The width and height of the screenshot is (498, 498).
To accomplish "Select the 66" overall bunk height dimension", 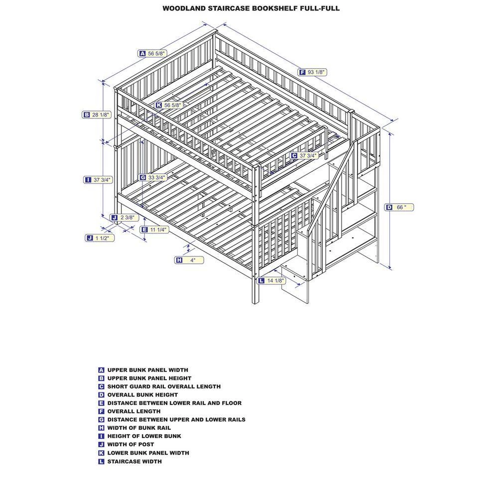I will (x=401, y=207).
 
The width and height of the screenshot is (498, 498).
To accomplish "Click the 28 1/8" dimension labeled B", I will (x=100, y=115).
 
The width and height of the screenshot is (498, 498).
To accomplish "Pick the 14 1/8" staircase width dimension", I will (x=275, y=281).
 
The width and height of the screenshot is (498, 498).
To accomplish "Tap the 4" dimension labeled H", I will (x=192, y=260).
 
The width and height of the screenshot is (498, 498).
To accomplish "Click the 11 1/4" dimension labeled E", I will (x=158, y=230).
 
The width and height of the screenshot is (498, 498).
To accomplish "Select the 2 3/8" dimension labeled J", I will (x=128, y=218).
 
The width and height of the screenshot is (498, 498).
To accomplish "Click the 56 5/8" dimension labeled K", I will (x=172, y=105).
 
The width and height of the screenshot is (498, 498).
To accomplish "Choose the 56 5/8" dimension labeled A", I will (x=156, y=53).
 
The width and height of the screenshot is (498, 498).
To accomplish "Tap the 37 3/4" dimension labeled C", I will (x=308, y=156).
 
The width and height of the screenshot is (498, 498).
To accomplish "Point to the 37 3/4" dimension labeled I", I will (x=102, y=180).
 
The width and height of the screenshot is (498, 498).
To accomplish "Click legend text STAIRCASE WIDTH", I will (x=134, y=461).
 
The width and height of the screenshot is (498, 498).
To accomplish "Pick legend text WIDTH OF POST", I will (x=130, y=444).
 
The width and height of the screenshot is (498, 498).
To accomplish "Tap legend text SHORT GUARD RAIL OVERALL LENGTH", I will (x=164, y=386).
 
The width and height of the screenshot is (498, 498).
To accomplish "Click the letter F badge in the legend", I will (x=101, y=411).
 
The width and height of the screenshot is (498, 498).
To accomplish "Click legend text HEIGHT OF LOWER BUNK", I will (x=144, y=436).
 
